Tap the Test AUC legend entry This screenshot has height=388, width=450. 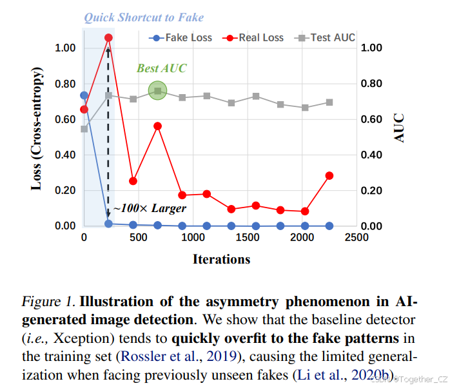[x=326, y=37]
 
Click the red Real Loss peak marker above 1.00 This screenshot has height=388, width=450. [x=108, y=38]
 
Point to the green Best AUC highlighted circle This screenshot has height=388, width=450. [x=157, y=91]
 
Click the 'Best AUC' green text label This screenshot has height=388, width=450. [x=157, y=68]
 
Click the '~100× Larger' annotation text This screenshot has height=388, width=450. [x=150, y=208]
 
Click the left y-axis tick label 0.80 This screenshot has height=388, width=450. [x=65, y=84]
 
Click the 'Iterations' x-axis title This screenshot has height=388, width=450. [x=221, y=259]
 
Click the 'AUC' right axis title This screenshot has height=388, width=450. [x=400, y=128]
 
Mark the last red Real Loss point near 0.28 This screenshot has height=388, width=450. [x=329, y=175]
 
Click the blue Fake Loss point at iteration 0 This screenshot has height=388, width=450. [x=84, y=95]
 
